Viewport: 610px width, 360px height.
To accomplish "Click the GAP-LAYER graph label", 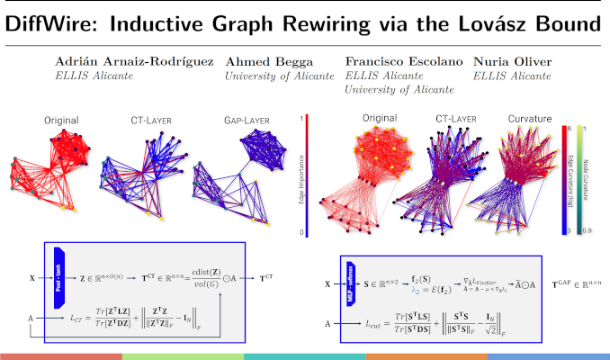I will point(244,120).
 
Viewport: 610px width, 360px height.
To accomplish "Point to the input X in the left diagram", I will point(31,267).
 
